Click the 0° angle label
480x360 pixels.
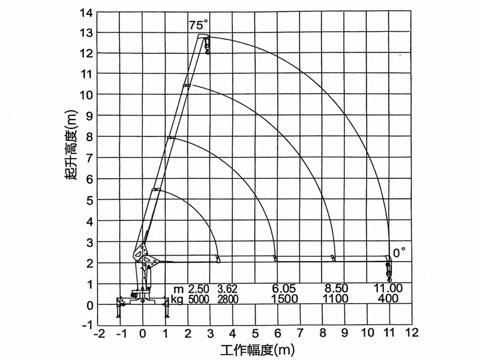pyautogui.click(x=400, y=251)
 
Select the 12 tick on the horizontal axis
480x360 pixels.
pyautogui.click(x=412, y=332)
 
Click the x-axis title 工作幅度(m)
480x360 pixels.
pyautogui.click(x=257, y=348)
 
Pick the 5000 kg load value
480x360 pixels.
pyautogui.click(x=199, y=299)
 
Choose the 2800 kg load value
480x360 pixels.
pyautogui.click(x=227, y=299)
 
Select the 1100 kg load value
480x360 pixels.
pyautogui.click(x=335, y=299)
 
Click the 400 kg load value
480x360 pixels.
pyautogui.click(x=389, y=299)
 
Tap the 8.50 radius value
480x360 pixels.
pyautogui.click(x=335, y=289)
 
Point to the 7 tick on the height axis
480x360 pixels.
pyautogui.click(x=89, y=158)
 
